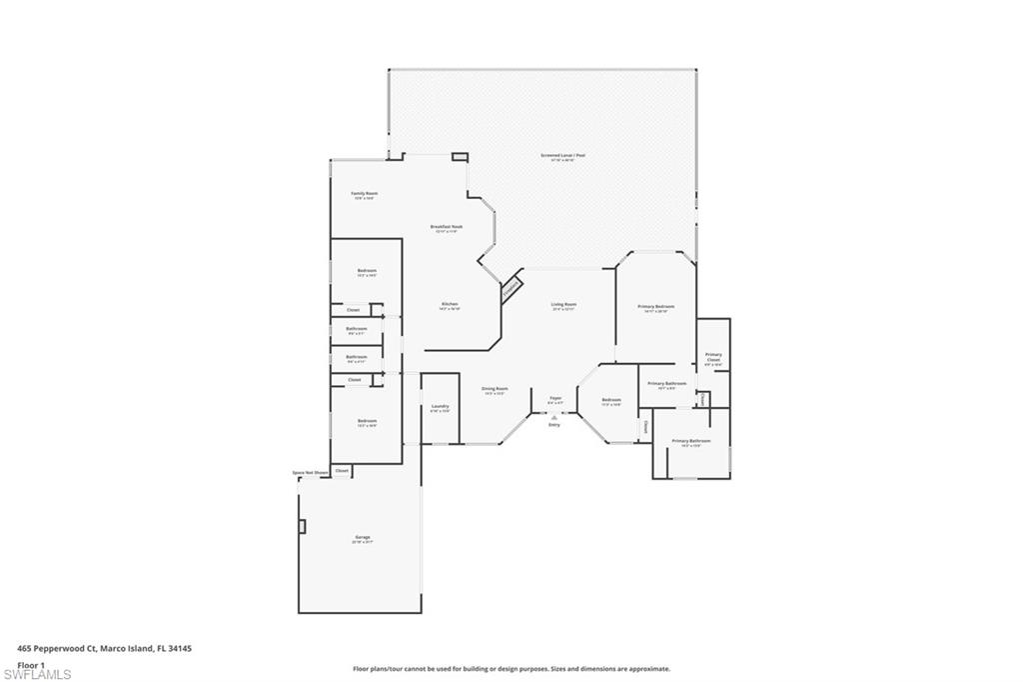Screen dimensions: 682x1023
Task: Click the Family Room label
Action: click(364, 194)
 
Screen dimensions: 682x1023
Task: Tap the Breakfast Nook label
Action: click(447, 227)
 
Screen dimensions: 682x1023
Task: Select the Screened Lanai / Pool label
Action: click(562, 156)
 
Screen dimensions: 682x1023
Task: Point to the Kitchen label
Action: click(450, 305)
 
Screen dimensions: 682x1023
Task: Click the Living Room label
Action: click(563, 305)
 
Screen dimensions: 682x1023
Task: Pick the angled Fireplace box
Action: click(511, 286)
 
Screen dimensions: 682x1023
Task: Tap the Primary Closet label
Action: click(713, 357)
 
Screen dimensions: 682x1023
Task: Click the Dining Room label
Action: click(496, 389)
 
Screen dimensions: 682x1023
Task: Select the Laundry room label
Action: click(440, 407)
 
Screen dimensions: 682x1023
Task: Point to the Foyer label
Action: click(555, 399)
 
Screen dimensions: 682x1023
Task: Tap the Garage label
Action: click(362, 538)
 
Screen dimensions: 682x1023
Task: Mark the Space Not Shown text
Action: click(310, 472)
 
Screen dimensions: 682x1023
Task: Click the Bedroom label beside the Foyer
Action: click(611, 401)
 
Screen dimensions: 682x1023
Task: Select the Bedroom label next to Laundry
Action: click(367, 421)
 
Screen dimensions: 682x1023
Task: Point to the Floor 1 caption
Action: click(32, 664)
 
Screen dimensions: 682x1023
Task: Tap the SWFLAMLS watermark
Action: click(36, 675)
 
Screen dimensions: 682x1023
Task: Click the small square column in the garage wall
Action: click(301, 525)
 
